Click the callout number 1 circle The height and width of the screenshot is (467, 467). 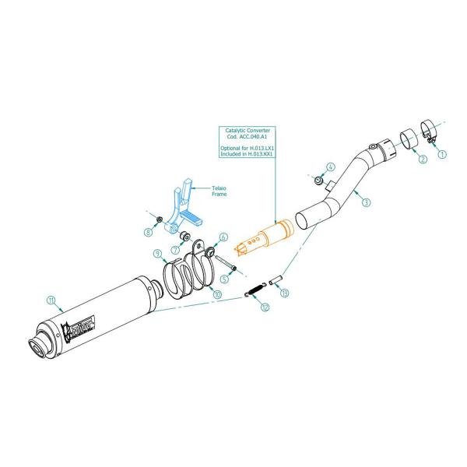point(443,154)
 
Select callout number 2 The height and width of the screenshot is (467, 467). point(422,160)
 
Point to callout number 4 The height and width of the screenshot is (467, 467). point(330,167)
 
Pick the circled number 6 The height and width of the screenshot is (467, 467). point(223,237)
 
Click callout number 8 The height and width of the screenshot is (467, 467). point(149,232)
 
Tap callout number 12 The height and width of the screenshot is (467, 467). point(265,307)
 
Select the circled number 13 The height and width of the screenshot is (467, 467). point(285,293)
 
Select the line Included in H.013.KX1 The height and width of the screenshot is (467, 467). point(247,153)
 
